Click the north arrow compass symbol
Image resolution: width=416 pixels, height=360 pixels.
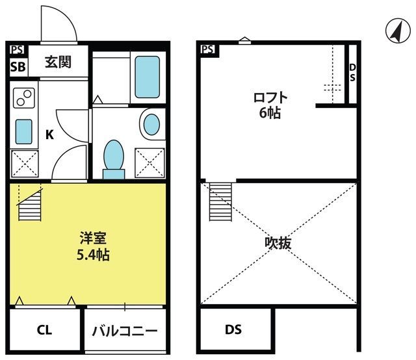click(398, 31)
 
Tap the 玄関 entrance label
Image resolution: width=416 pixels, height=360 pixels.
click(58, 62)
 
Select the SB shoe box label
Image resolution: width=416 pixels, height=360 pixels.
click(18, 66)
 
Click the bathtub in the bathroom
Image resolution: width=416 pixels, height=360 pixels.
click(148, 77)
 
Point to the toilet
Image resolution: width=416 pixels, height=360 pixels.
click(114, 159)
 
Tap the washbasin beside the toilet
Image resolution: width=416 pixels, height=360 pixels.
click(151, 124)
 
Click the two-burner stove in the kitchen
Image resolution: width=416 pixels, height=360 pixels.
click(24, 98)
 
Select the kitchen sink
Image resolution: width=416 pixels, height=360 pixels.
click(24, 131)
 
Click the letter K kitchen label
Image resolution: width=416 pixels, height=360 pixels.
click(49, 135)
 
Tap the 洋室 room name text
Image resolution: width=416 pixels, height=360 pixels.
click(93, 238)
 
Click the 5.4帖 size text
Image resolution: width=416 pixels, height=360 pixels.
click(93, 255)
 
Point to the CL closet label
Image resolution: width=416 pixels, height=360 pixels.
click(44, 330)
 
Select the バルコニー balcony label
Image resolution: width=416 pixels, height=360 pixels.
click(125, 331)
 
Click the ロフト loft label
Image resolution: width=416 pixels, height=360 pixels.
click(270, 97)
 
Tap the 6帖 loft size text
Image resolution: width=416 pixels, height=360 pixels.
click(270, 113)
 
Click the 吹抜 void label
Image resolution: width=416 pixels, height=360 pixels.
click(278, 243)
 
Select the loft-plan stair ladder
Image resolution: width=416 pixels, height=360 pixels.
click(220, 202)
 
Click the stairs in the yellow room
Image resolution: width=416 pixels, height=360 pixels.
click(30, 205)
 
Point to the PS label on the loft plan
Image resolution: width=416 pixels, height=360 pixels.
click(208, 49)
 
